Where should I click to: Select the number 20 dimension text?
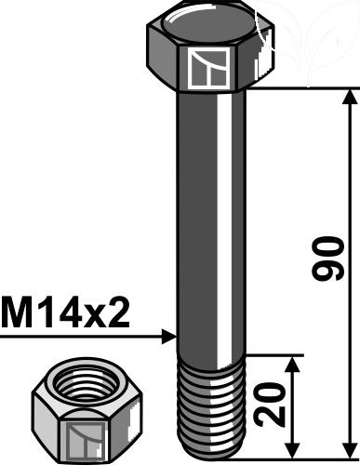coord(269,405)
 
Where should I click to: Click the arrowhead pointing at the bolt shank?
coord(169,337)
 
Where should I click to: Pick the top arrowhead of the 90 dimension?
coord(351,97)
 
